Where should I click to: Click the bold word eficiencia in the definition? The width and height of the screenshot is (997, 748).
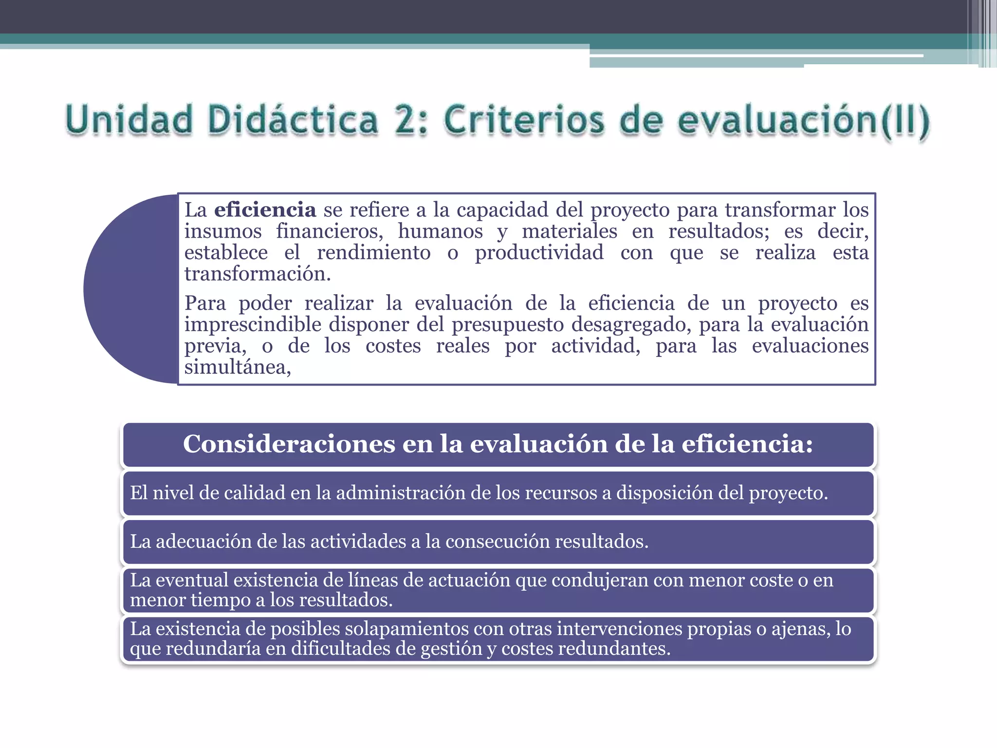point(265,210)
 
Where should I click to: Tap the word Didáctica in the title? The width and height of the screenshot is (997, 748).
point(293,120)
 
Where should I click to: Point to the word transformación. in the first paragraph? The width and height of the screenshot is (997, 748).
point(258,274)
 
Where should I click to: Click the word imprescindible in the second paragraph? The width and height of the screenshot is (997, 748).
point(253,325)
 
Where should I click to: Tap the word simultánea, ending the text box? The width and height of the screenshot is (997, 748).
point(238,367)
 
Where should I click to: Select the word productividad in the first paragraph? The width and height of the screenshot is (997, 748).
point(539,253)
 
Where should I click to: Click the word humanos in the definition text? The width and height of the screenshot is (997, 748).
point(440,231)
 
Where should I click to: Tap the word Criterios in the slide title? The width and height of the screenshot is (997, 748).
point(523,121)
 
